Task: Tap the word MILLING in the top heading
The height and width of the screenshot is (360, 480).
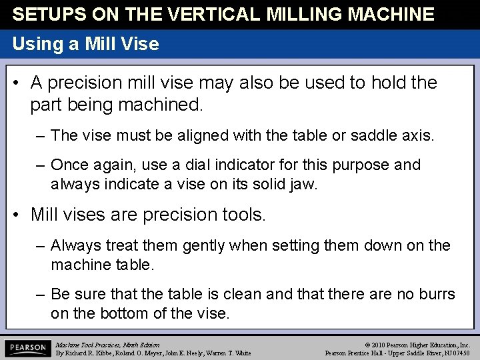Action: pos(304,14)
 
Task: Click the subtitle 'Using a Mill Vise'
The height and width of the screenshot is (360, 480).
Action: pos(86,45)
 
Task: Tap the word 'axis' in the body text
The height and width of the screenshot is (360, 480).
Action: pos(418,135)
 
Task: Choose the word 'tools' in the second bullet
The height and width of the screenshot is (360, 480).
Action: pos(244,215)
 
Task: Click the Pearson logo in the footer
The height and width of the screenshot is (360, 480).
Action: pos(27,349)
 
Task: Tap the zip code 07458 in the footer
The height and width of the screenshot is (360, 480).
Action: pos(459,353)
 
